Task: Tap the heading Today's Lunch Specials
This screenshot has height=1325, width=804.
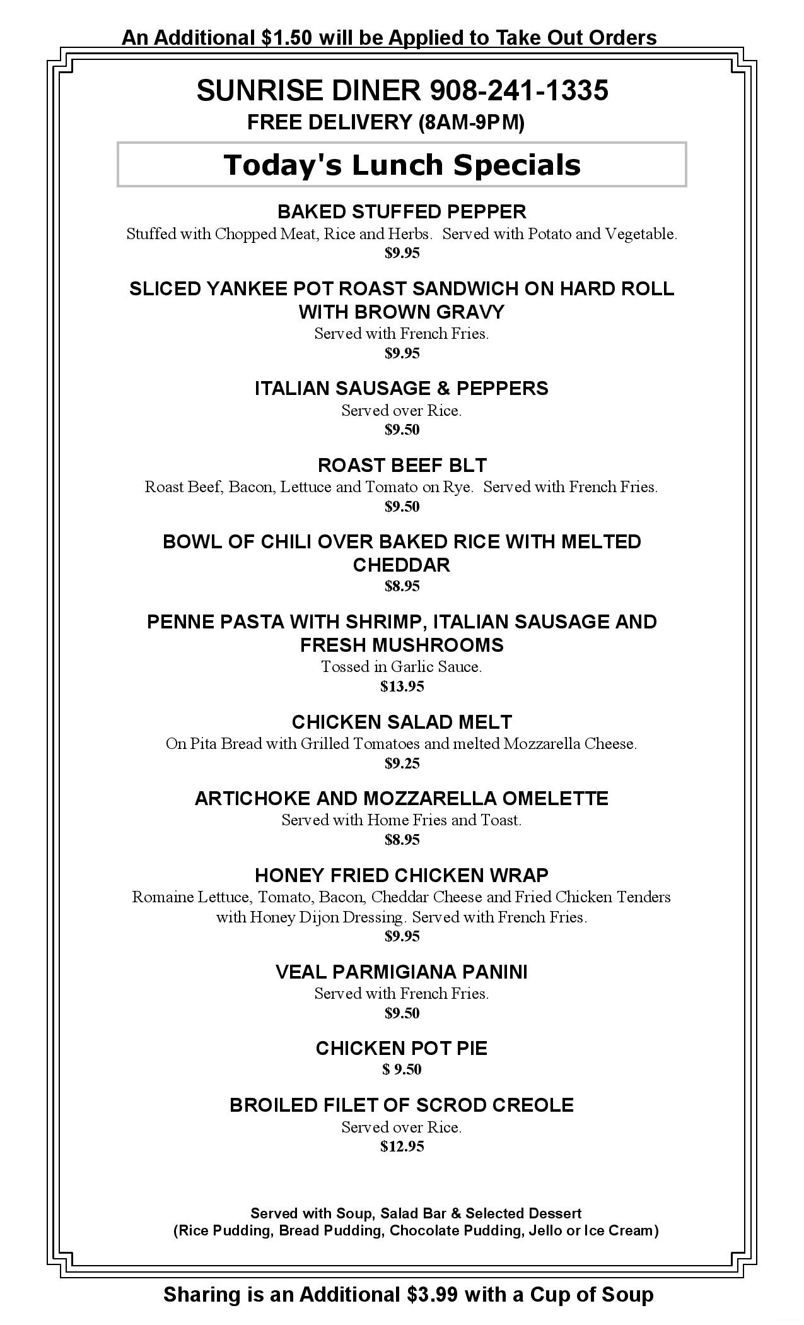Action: (x=402, y=165)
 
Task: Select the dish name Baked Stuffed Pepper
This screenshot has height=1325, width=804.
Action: (x=402, y=211)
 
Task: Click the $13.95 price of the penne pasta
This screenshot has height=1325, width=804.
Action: (x=402, y=686)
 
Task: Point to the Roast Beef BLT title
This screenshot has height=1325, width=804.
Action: (x=402, y=466)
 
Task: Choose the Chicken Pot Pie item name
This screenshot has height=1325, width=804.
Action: (x=402, y=1049)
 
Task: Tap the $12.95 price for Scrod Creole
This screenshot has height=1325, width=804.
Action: (x=402, y=1146)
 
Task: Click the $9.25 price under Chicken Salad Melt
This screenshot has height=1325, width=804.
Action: (x=402, y=763)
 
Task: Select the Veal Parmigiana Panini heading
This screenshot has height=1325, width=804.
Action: (x=402, y=972)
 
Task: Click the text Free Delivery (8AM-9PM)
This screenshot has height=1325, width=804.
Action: (x=385, y=122)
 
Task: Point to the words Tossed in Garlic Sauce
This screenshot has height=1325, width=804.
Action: (x=402, y=667)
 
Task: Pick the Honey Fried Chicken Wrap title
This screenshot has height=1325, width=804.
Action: (x=402, y=876)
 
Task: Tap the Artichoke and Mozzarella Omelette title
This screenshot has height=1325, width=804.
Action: (x=402, y=799)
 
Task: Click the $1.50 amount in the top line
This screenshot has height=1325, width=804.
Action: (x=286, y=38)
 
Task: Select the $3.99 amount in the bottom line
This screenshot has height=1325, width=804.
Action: (x=432, y=1295)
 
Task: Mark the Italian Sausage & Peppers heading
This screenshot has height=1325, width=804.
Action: (x=402, y=389)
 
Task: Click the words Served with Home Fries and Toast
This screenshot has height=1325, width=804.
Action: (x=402, y=820)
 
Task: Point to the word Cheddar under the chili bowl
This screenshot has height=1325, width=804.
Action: (x=402, y=565)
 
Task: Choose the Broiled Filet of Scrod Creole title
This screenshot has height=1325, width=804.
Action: (x=402, y=1105)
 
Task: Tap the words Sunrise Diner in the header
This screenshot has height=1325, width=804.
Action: (x=308, y=91)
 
